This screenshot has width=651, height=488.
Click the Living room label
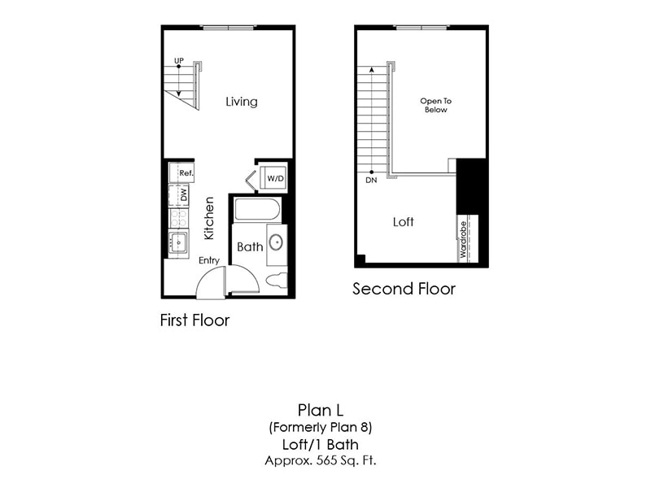point(242,102)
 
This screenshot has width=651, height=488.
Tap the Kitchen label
point(209,218)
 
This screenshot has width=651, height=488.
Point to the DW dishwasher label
point(184,195)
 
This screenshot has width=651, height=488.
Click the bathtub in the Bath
point(257,210)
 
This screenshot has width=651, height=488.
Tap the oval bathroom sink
point(277,242)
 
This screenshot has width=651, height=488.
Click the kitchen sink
point(177,243)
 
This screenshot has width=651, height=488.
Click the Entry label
point(209,260)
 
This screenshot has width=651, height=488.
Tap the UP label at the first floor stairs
point(178,60)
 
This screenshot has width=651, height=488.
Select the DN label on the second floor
point(371,181)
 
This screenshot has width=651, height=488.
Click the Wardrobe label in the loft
point(463,240)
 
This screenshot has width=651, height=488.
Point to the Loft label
point(404,221)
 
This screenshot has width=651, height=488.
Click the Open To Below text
point(435,106)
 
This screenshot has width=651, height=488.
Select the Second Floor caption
point(404,289)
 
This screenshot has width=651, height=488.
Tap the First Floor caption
point(194,320)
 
